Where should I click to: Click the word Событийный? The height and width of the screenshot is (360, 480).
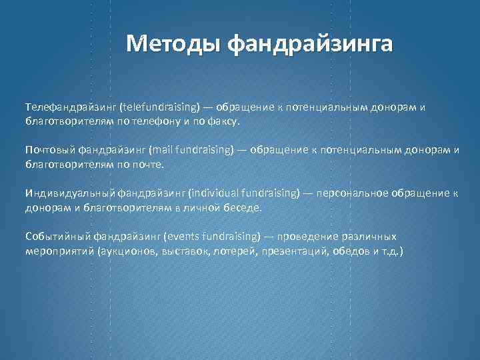coord(57,236)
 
